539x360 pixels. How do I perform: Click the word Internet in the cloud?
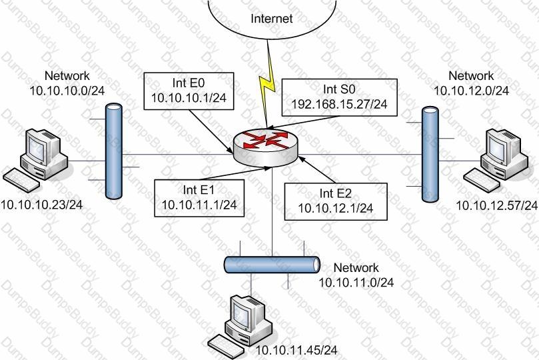click(272, 18)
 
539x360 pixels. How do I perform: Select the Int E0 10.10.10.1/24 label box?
click(189, 91)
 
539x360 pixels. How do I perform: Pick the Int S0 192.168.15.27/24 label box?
click(339, 97)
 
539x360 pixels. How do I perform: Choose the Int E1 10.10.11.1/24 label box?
click(199, 198)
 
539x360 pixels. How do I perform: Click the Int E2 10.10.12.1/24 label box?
click(336, 201)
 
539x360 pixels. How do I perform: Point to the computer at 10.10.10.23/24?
click(36, 160)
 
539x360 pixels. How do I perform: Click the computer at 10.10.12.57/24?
click(496, 160)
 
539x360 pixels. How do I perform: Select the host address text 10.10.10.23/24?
click(41, 205)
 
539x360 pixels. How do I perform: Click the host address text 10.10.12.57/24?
click(497, 205)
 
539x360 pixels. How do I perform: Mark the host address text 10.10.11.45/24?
click(296, 351)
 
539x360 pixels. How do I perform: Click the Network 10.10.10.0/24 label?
click(67, 83)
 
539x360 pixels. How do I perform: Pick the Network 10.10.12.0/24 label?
click(471, 83)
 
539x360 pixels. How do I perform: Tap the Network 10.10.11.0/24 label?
click(356, 275)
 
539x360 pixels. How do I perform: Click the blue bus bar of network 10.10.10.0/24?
click(114, 151)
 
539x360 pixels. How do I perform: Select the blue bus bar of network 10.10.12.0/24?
click(430, 155)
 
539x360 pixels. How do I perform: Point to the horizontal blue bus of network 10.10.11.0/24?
click(272, 265)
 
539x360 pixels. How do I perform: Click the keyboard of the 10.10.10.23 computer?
click(21, 180)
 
